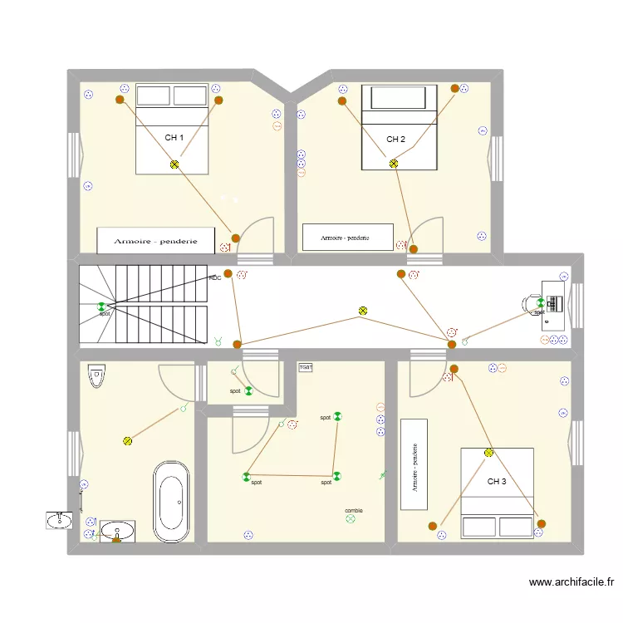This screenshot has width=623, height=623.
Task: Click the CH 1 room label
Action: (x=174, y=138)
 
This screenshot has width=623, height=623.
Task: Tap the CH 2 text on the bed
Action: (x=395, y=140)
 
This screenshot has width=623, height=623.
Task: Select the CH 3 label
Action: (x=496, y=481)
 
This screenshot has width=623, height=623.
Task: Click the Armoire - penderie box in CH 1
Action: (x=156, y=240)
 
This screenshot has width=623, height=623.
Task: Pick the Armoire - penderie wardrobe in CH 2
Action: (x=347, y=237)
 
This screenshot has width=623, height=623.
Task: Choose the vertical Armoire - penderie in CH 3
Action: (x=414, y=464)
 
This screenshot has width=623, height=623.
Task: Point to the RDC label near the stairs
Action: (x=214, y=278)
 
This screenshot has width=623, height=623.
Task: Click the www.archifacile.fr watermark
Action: (x=571, y=583)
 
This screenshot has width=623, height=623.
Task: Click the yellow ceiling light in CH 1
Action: (x=174, y=164)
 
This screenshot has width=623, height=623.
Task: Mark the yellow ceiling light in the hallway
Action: (x=362, y=311)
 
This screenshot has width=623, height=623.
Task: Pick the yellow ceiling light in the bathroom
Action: (x=127, y=441)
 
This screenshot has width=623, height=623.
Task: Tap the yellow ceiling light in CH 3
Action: (x=489, y=453)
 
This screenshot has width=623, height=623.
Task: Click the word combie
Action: (x=353, y=511)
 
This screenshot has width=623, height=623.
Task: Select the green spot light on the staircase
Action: (x=102, y=307)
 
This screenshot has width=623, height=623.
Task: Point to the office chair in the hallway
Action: (x=530, y=303)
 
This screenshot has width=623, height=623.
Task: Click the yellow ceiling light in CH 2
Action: (x=394, y=164)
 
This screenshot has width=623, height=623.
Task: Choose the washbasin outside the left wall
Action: (x=59, y=520)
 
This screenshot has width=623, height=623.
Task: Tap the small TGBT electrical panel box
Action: (x=306, y=366)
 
